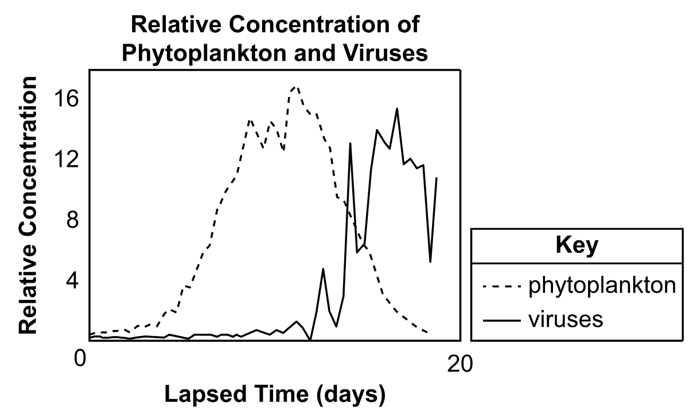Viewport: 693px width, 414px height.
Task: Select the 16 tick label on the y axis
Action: [x=66, y=99]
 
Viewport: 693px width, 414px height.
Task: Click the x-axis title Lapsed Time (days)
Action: [x=274, y=395]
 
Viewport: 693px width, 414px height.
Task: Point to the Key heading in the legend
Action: [x=577, y=246]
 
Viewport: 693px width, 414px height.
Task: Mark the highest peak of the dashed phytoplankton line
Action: [x=295, y=87]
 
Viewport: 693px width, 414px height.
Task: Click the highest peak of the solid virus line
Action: [x=397, y=108]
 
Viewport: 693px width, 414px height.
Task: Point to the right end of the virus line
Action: [x=437, y=178]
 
